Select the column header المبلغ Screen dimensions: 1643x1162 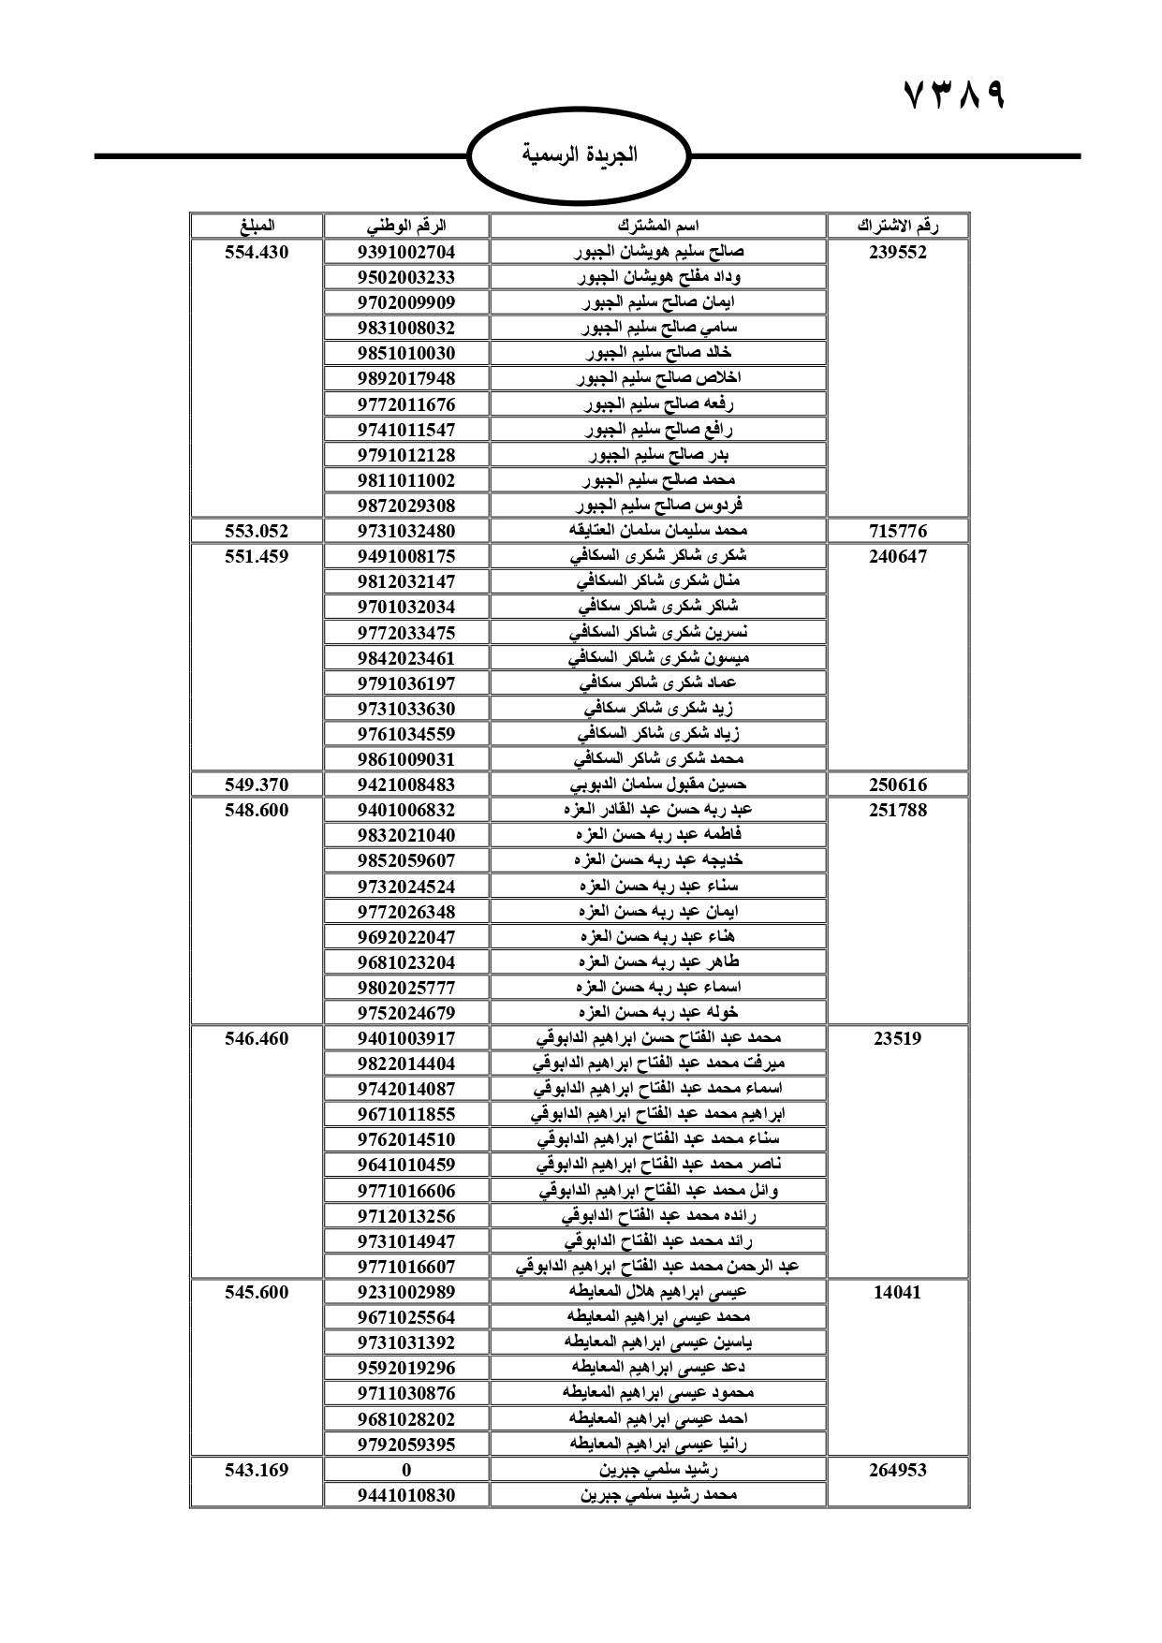pyautogui.click(x=257, y=226)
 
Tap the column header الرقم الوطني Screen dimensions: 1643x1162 pyautogui.click(x=406, y=226)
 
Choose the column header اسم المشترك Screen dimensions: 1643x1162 pyautogui.click(x=658, y=226)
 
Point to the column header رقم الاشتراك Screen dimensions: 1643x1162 pyautogui.click(x=898, y=226)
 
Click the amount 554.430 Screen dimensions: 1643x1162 pyautogui.click(x=257, y=252)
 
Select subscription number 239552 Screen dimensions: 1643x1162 pyautogui.click(x=898, y=252)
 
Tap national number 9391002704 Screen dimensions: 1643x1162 pyautogui.click(x=406, y=252)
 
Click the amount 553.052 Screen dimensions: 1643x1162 pyautogui.click(x=257, y=531)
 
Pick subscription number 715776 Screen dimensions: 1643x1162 pyautogui.click(x=898, y=531)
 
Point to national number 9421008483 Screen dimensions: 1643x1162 pyautogui.click(x=406, y=785)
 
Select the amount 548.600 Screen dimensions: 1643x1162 pyautogui.click(x=257, y=810)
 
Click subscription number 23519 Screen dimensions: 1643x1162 pyautogui.click(x=898, y=1038)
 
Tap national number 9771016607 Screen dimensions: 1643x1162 pyautogui.click(x=406, y=1267)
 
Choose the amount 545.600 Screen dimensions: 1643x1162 pyautogui.click(x=257, y=1292)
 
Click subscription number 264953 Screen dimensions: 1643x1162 pyautogui.click(x=898, y=1470)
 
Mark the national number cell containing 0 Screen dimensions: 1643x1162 pyautogui.click(x=406, y=1470)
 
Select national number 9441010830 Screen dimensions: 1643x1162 pyautogui.click(x=406, y=1495)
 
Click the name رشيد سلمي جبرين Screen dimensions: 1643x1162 pyautogui.click(x=658, y=1470)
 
